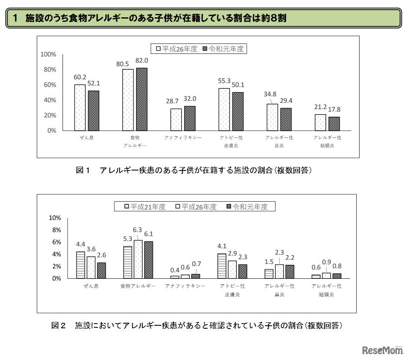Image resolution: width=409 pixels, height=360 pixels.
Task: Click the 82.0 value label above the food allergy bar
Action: [142, 60]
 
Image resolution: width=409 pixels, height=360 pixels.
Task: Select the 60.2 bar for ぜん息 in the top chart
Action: [80, 107]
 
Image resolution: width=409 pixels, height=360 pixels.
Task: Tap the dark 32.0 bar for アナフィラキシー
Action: [190, 118]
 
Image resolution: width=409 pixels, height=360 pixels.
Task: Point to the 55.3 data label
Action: [224, 80]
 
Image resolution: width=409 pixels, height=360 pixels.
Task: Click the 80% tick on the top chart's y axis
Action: [48, 70]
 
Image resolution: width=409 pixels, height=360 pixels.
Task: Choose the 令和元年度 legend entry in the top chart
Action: [224, 49]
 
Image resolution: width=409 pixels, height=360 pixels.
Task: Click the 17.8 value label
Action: [334, 109]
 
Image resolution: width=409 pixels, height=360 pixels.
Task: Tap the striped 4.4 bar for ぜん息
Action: [80, 265]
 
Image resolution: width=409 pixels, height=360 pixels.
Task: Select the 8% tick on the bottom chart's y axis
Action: [55, 230]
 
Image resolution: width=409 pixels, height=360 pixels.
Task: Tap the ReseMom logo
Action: [383, 349]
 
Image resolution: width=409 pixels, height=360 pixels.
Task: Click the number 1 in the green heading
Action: [16, 18]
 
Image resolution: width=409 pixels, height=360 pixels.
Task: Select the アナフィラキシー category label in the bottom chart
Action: [185, 286]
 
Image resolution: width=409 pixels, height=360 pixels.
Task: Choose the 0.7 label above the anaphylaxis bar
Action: [196, 264]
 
